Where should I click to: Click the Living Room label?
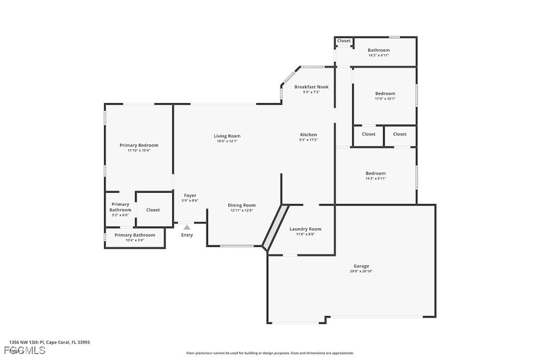(227, 136)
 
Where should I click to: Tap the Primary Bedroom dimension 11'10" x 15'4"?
(139, 150)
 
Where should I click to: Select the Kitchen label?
(308, 135)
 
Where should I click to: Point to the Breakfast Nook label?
(311, 87)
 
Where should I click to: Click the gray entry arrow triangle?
(187, 227)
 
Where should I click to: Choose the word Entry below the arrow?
(187, 235)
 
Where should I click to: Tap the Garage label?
(361, 266)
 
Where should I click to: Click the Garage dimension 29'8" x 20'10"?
(361, 272)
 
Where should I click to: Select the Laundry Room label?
(305, 229)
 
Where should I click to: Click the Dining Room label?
(241, 205)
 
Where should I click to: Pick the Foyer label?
(190, 195)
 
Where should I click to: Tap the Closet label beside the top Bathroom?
(344, 41)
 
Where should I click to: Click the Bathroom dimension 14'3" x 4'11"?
(379, 55)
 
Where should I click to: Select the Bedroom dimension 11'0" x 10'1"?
(385, 99)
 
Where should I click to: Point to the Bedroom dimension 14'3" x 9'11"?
(375, 178)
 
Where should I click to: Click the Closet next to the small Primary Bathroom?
(153, 210)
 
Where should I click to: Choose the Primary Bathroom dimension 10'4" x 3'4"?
(134, 240)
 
